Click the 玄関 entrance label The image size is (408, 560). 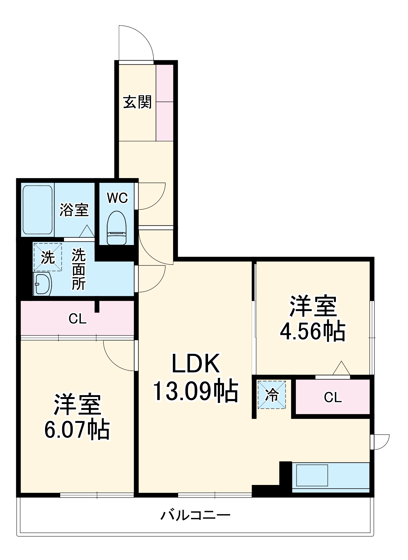point(137,102)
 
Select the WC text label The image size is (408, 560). point(117,198)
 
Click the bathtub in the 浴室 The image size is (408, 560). point(37,210)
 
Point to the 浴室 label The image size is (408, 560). point(74,210)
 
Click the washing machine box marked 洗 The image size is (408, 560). point(48,257)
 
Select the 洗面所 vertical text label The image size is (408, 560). point(79,269)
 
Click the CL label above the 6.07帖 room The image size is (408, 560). point(77,319)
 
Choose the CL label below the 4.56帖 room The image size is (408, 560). point(333,397)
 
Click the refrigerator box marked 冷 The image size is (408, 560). point(272,395)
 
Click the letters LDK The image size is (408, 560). point(195,363)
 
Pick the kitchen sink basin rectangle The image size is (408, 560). point(312,475)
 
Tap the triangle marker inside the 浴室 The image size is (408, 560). point(87,231)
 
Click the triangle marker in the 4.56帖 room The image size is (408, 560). point(341,368)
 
